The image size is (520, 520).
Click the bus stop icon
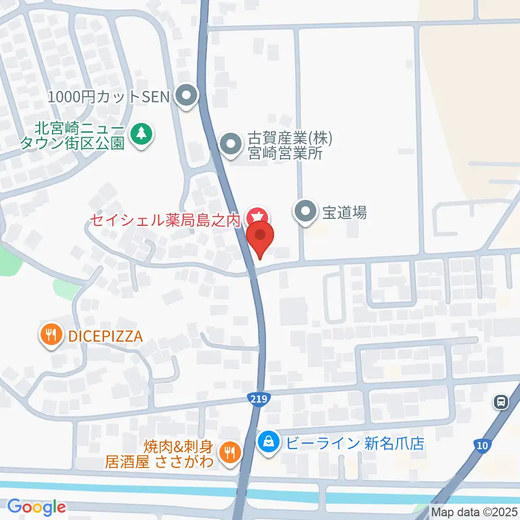(501, 402)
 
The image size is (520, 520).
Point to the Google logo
(36, 507)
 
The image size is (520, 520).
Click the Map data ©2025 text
(474, 511)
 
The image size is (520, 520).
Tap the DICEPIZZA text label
(105, 336)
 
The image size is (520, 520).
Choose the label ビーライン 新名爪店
(355, 444)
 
